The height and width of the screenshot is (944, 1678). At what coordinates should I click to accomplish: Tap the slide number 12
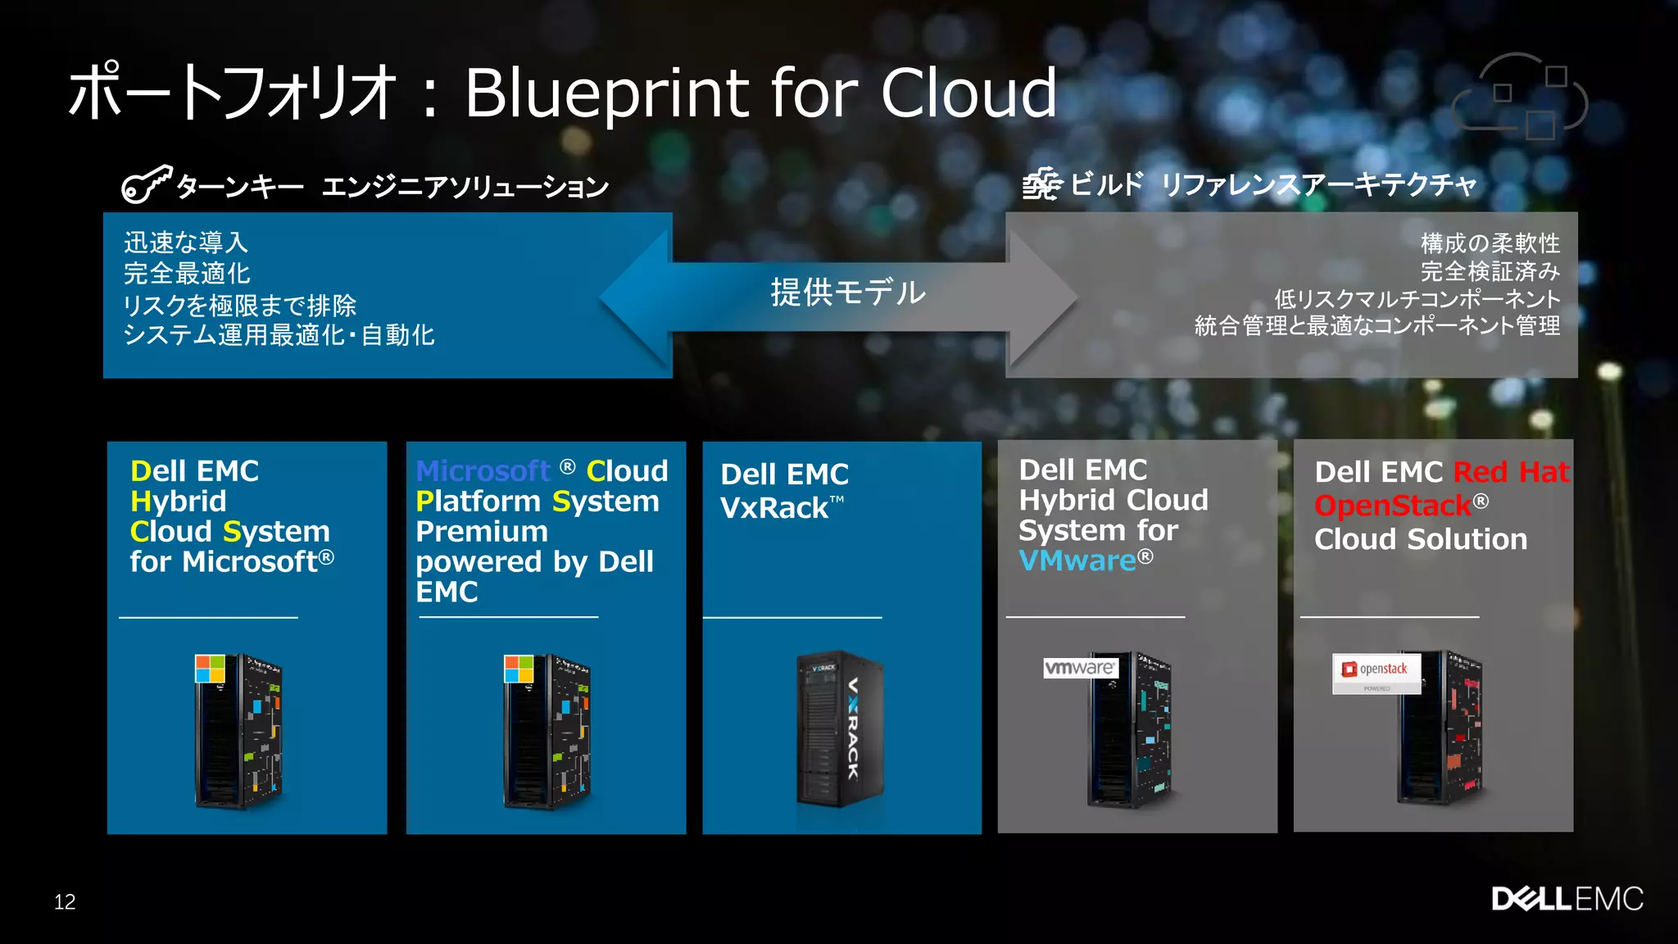65,902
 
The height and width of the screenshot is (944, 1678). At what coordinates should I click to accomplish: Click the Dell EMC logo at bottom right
1567,899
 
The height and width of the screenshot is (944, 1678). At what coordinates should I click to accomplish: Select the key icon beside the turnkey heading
147,184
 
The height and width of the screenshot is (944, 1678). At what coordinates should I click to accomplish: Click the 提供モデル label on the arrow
848,293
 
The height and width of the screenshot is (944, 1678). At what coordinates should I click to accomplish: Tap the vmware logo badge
1080,668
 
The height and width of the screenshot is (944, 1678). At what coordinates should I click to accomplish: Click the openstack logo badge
1376,672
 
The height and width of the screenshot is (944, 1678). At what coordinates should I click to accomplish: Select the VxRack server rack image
839,729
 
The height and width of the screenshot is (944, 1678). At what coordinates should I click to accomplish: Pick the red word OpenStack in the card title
1392,506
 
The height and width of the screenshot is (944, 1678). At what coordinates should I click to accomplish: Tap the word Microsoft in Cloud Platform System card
483,471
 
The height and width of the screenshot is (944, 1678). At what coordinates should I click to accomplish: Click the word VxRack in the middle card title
774,508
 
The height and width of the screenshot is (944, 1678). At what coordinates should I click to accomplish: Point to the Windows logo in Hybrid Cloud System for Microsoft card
210,669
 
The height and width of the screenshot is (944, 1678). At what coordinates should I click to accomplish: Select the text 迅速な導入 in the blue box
186,243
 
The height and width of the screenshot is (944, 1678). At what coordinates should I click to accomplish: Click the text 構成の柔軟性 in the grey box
1490,243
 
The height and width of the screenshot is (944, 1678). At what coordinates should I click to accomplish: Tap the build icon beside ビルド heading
1041,184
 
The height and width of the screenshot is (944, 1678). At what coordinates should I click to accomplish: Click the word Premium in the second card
482,532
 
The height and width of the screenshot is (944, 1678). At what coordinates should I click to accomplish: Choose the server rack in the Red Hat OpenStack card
1442,729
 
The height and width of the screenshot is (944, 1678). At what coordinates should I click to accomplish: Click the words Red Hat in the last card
1511,472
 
